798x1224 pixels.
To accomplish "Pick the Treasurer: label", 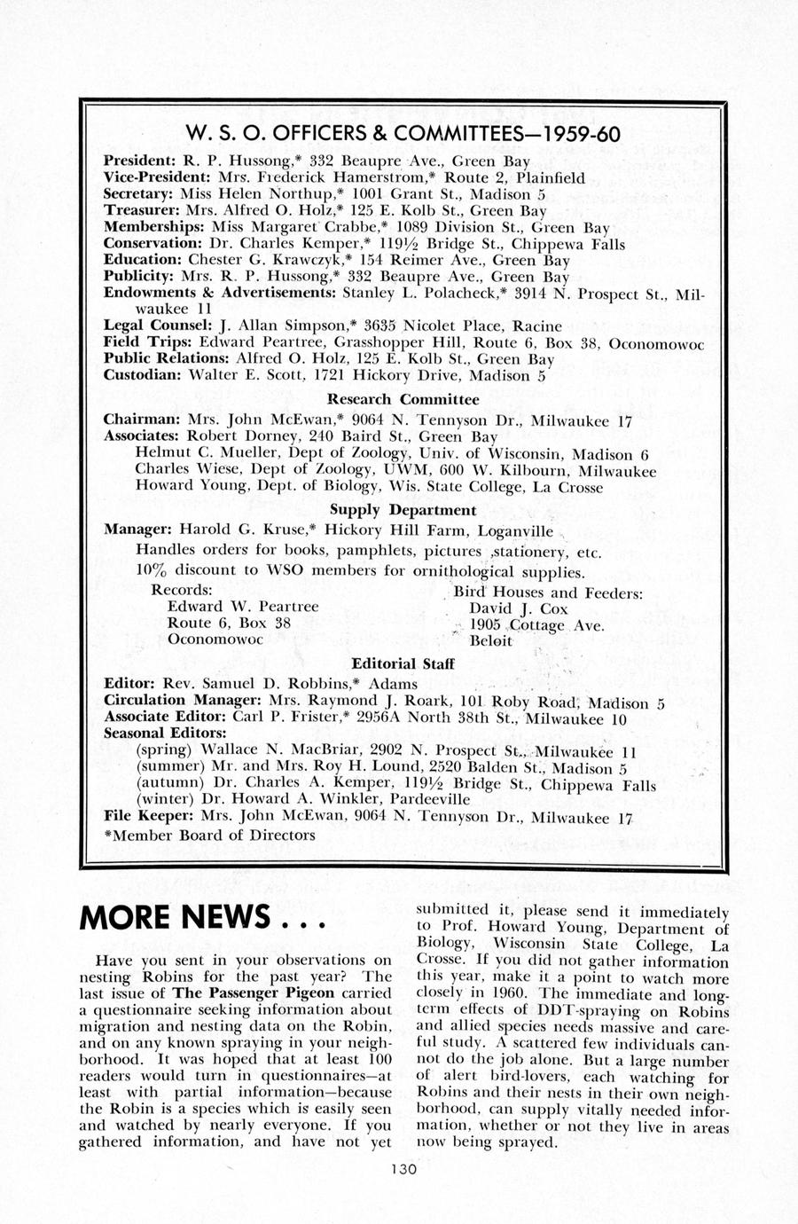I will (x=142, y=211).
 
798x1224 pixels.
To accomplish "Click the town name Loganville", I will (x=515, y=531).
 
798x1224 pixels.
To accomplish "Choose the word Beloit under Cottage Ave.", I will (x=490, y=641).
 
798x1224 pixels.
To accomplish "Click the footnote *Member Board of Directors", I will (x=209, y=835).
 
